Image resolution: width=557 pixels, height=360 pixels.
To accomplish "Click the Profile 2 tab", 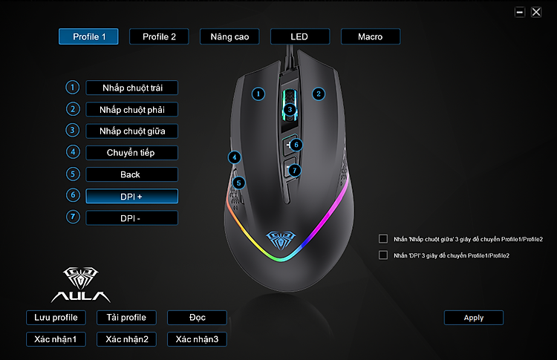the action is click(x=159, y=36).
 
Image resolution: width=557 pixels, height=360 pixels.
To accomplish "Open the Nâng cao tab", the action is click(x=229, y=36).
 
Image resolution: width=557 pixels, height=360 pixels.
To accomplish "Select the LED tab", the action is click(x=300, y=36).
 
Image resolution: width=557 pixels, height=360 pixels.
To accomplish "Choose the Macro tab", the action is click(x=371, y=36).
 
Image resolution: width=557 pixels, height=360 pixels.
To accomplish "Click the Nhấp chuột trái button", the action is click(x=131, y=88).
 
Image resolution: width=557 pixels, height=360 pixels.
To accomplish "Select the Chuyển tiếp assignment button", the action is click(x=131, y=153).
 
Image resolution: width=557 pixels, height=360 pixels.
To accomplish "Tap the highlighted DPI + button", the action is click(x=131, y=197).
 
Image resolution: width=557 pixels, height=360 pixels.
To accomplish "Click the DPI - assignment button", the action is click(x=131, y=218).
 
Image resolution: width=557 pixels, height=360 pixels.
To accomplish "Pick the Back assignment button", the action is click(x=131, y=174).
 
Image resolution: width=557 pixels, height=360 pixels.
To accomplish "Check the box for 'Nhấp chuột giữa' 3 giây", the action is click(x=383, y=238).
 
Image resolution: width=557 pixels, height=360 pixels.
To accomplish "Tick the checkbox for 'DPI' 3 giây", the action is click(x=383, y=255).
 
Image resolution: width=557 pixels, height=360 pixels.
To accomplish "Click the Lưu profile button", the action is click(x=56, y=318).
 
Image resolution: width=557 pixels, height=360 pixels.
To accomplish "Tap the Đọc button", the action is click(x=197, y=318).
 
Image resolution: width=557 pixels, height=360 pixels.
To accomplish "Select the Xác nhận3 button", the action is click(x=197, y=339).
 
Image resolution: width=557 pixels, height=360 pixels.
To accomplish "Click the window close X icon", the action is click(x=536, y=12).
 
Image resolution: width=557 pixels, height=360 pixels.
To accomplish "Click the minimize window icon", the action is click(x=520, y=12).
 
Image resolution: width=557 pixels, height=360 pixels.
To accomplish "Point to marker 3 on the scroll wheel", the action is click(x=290, y=109).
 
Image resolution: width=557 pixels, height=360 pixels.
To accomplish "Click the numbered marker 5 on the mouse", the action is click(x=238, y=183).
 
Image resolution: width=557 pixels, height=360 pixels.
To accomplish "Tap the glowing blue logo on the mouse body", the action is click(x=281, y=240).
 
